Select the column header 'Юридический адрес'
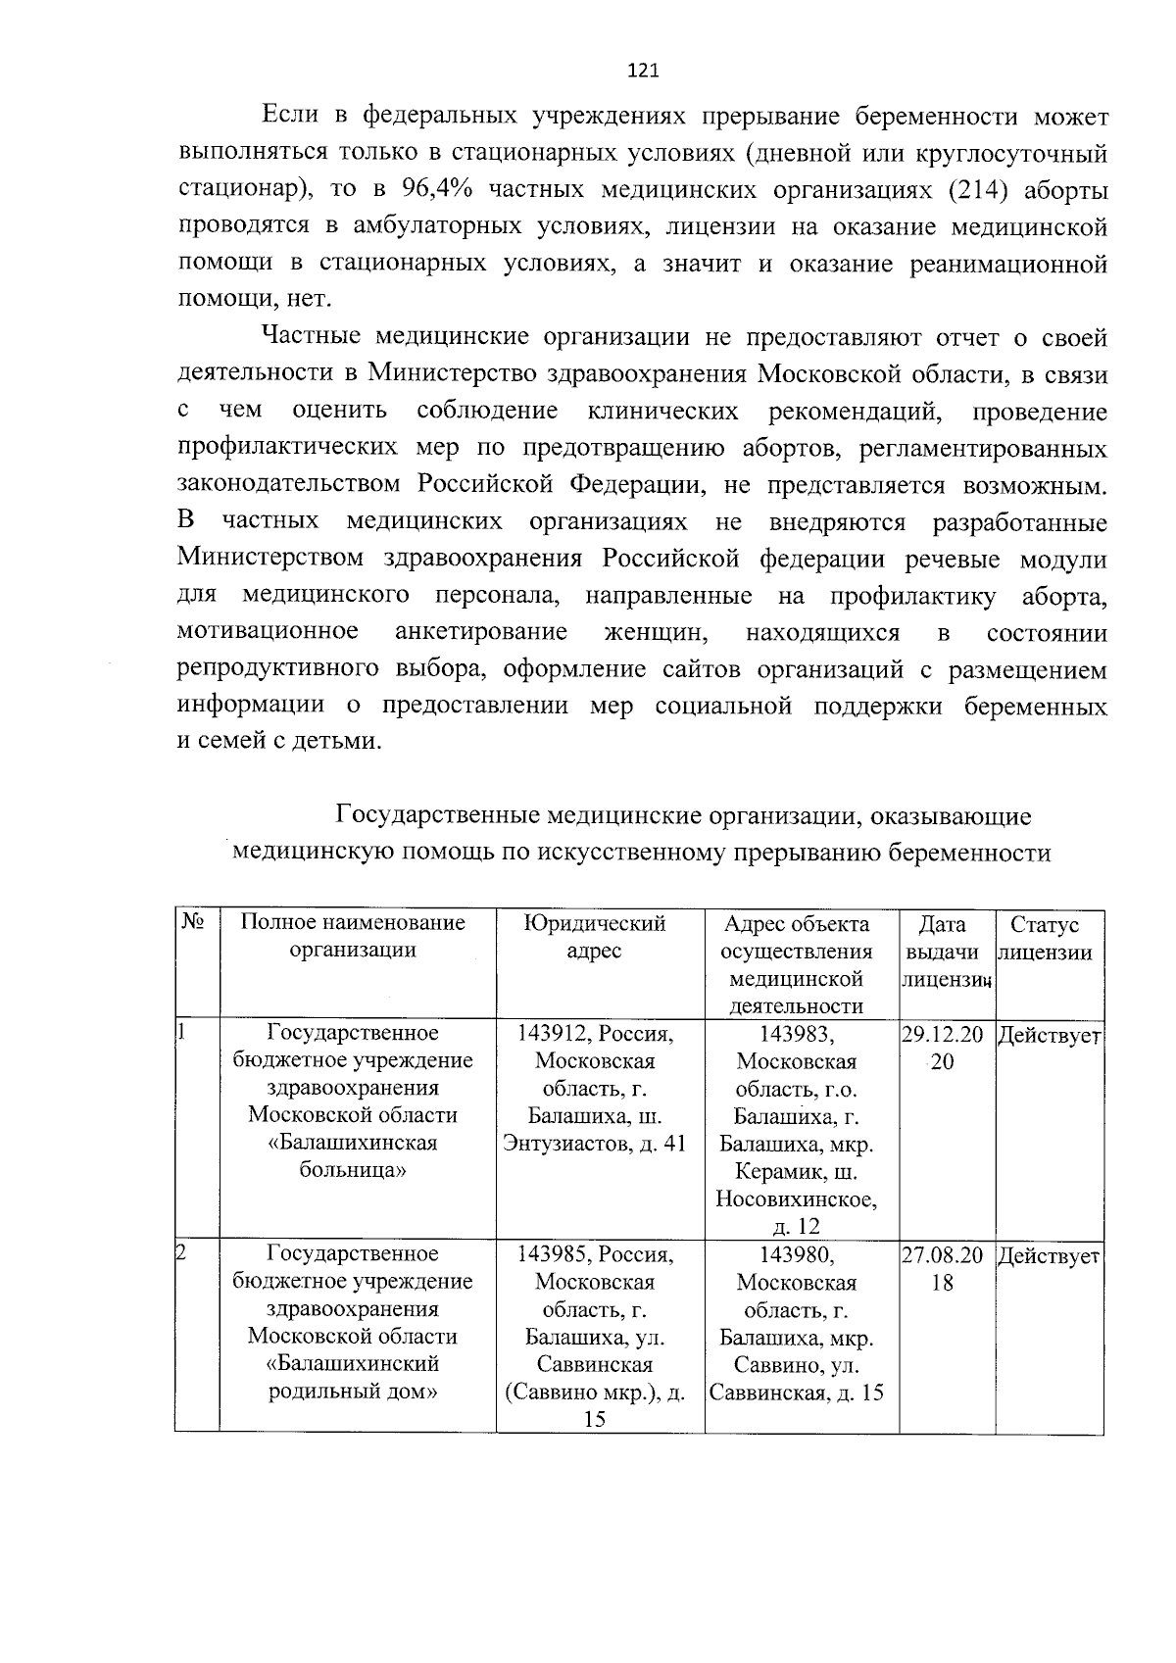click(x=594, y=937)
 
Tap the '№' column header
click(x=193, y=923)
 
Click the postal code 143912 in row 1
click(x=553, y=1034)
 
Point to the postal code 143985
click(x=553, y=1254)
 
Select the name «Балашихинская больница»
click(x=353, y=1156)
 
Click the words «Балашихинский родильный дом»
click(x=353, y=1377)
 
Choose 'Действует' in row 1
click(x=1049, y=1036)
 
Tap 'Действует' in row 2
click(x=1049, y=1256)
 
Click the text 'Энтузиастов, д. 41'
click(x=594, y=1144)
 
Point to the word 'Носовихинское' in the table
click(x=796, y=1199)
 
